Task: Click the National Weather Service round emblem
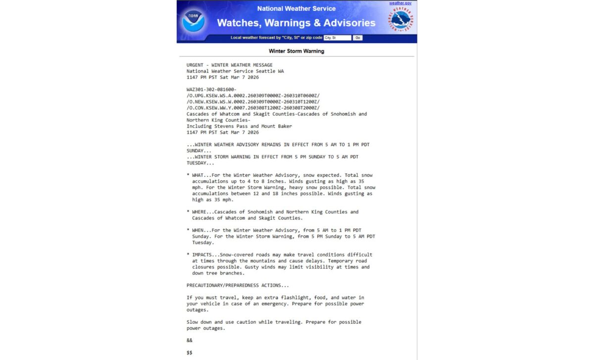[401, 20]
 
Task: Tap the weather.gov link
[400, 3]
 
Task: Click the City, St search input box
[337, 38]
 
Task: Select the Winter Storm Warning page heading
[297, 51]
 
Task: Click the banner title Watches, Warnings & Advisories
[296, 23]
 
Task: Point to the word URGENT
[195, 65]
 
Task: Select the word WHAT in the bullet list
[198, 175]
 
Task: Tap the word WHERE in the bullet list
[199, 212]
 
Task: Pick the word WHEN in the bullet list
[198, 230]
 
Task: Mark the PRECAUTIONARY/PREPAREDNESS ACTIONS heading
[238, 285]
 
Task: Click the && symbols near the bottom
[189, 340]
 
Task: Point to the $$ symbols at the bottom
[189, 353]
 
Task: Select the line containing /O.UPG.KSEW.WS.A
[253, 96]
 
